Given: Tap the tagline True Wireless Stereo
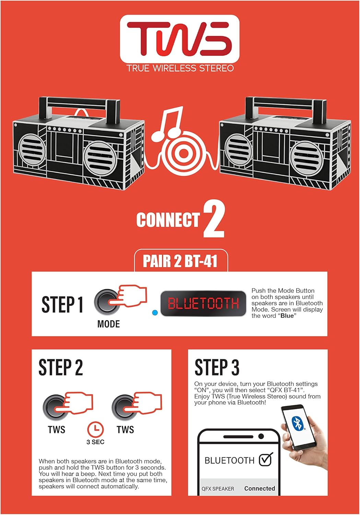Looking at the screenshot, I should tap(180, 68).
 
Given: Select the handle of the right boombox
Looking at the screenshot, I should tap(286, 103).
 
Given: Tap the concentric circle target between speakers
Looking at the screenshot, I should tap(183, 154).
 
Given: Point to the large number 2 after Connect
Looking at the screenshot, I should tap(213, 220).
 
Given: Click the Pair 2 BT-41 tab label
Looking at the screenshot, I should tap(180, 261).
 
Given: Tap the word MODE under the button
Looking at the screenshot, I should tap(108, 324).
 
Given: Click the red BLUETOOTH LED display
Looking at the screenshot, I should tap(203, 304).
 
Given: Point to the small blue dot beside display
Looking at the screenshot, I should tap(155, 313).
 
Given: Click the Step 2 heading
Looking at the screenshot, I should tap(61, 367).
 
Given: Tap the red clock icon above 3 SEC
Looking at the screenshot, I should tap(95, 429).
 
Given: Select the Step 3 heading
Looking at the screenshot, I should tap(217, 367).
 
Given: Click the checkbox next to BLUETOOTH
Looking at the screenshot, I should tap(266, 460).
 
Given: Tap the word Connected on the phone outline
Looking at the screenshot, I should tap(259, 488).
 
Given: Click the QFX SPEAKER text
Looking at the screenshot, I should tap(218, 489).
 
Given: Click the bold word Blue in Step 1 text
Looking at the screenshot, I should tap(287, 316).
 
